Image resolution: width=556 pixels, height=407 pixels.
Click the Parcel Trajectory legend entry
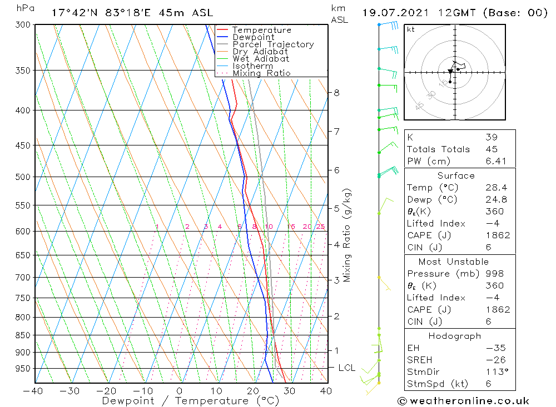(273, 44)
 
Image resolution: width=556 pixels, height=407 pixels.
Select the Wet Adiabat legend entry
(261, 59)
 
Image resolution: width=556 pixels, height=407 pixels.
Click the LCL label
(347, 368)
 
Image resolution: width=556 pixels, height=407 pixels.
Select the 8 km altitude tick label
(336, 93)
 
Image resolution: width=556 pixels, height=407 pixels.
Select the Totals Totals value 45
(492, 149)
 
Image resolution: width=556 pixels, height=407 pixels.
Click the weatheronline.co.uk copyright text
(464, 401)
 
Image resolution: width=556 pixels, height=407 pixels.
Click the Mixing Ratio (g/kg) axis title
(347, 235)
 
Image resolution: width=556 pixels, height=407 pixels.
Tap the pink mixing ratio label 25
(320, 227)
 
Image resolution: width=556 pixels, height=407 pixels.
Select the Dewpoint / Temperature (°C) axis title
(191, 401)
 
